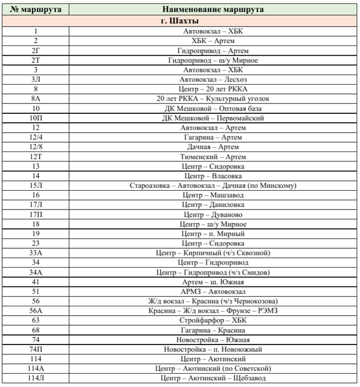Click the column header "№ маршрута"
tap(36, 9)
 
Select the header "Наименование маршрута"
tap(213, 9)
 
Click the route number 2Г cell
tap(36, 51)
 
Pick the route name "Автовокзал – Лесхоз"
tap(213, 80)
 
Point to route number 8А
tap(36, 99)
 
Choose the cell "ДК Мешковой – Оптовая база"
tap(213, 108)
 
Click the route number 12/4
tap(36, 137)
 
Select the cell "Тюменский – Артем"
tap(213, 156)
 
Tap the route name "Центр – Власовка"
tap(213, 176)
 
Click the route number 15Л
tap(36, 185)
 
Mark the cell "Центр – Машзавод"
tap(213, 195)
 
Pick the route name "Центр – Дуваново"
tap(213, 215)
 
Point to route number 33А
tap(36, 253)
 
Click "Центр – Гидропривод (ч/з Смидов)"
tap(213, 272)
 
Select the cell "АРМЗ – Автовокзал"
tap(213, 291)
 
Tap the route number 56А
tap(36, 311)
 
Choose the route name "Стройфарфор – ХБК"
tap(213, 320)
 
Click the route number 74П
tap(36, 349)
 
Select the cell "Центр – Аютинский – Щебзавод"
tap(213, 378)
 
